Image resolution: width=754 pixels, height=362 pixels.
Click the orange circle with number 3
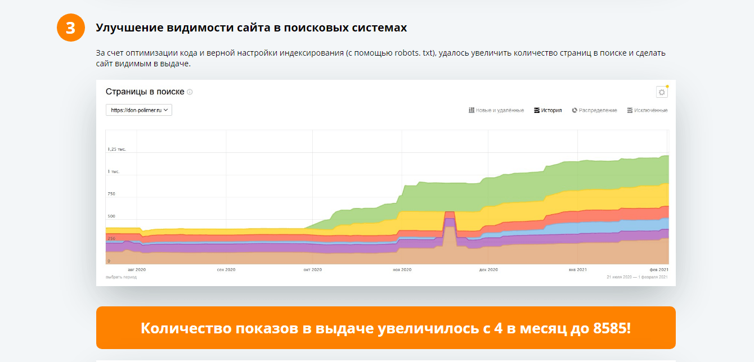point(70,28)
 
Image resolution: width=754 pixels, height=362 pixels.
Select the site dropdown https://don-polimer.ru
point(139,110)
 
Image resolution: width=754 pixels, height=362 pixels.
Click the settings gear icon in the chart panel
point(662,92)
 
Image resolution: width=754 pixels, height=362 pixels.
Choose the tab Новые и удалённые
point(496,110)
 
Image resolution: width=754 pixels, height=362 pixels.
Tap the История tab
point(548,110)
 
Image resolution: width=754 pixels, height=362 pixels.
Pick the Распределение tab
point(595,110)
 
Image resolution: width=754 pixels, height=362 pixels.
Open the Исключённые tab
point(647,110)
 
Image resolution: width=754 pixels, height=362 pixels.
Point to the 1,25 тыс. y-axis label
point(117,149)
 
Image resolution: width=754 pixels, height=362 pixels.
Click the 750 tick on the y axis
point(111,194)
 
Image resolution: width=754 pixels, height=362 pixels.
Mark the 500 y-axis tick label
point(111,216)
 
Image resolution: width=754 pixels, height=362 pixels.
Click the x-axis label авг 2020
point(137,270)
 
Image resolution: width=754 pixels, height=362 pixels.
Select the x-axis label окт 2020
point(312,270)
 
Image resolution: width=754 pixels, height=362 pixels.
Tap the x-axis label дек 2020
point(488,270)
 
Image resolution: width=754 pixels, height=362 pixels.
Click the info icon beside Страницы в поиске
point(190,92)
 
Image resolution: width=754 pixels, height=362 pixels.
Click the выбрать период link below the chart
point(121,277)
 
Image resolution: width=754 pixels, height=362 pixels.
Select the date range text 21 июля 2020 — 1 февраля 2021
point(637,277)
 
